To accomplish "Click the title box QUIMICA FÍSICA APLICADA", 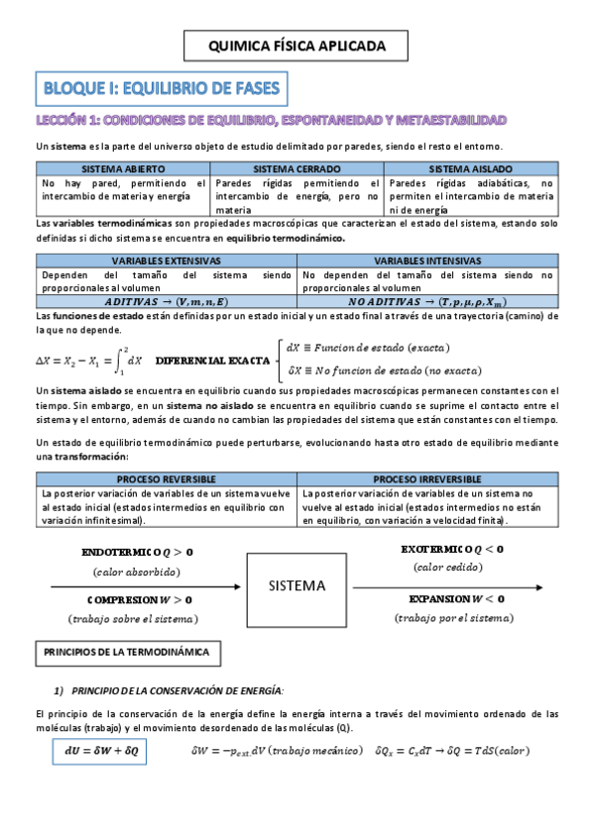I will [x=297, y=46].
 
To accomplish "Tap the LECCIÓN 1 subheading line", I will [x=271, y=120].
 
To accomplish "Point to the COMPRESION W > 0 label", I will [x=139, y=599].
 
